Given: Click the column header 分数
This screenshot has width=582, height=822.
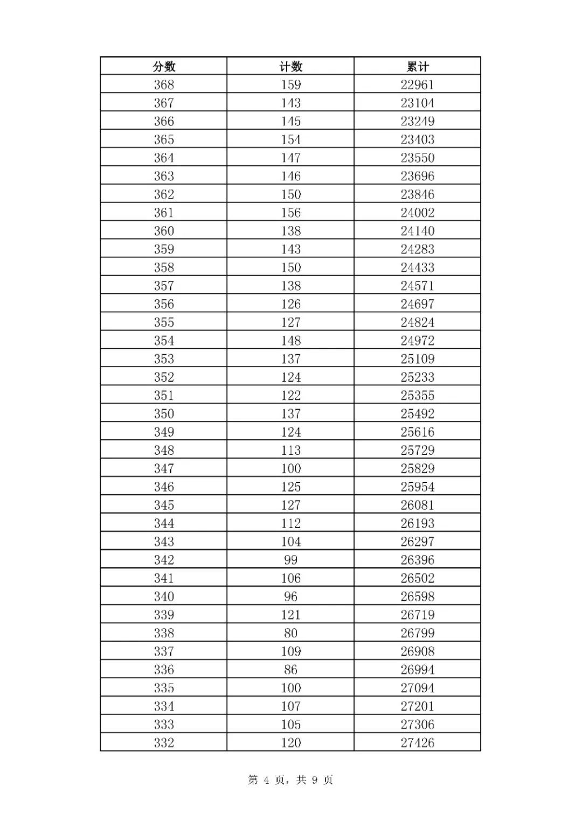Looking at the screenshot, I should click(164, 67).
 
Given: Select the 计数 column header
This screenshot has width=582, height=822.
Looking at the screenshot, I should click(290, 67).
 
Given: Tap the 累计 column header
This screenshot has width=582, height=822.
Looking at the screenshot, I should click(417, 67).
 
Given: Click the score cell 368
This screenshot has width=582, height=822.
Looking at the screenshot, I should click(164, 85).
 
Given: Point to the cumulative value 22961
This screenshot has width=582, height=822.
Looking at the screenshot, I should click(417, 85).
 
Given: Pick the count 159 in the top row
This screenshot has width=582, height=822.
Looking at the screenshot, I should click(290, 85).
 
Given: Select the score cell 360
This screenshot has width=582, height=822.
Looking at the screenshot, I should click(164, 231).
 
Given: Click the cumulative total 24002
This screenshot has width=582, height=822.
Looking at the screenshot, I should click(417, 213).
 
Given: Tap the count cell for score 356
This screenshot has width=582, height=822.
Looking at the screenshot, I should click(290, 304).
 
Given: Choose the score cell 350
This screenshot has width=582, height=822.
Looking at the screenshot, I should click(164, 414).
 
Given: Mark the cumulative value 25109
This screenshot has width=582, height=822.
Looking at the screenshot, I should click(417, 359).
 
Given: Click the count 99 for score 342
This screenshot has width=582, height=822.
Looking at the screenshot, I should click(290, 560).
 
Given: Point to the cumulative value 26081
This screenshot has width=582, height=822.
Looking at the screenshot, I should click(417, 505).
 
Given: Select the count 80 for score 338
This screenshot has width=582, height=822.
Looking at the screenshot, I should click(290, 633).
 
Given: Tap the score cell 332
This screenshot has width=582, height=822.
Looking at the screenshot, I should click(164, 743).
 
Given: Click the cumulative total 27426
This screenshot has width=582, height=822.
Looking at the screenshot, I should click(417, 743).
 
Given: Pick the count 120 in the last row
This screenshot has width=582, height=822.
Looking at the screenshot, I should click(290, 743).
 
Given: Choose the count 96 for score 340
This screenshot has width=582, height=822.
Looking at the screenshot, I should click(290, 596).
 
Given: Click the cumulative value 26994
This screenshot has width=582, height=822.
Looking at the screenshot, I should click(417, 670).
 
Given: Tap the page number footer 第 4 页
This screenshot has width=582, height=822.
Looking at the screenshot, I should click(267, 780).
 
